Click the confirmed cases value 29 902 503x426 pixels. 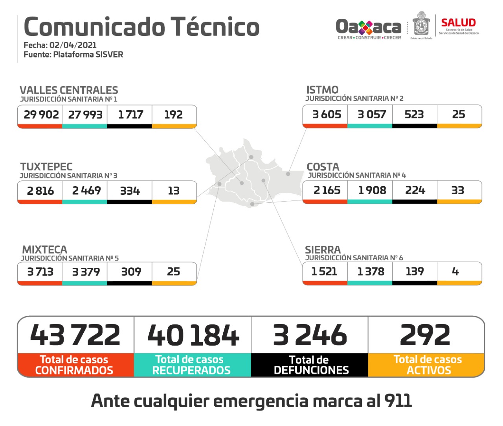41,115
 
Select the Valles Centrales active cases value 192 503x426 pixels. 173,115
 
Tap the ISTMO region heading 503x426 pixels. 322,90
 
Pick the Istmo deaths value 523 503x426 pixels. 414,114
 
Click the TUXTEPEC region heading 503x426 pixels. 46,167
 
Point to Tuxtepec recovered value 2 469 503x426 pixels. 86,191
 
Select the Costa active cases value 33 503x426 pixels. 458,190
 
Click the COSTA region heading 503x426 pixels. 323,167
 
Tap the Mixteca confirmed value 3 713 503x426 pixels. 40,272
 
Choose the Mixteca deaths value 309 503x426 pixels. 131,272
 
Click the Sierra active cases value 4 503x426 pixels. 455,271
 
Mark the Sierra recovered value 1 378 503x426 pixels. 371,271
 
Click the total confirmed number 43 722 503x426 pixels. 75,335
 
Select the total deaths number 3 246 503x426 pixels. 310,335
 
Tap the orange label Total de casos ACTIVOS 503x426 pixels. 428,365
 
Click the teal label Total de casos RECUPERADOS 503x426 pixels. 191,365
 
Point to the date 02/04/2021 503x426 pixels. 73,45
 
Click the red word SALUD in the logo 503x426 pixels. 458,23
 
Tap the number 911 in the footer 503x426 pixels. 398,401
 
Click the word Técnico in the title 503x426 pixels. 215,27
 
